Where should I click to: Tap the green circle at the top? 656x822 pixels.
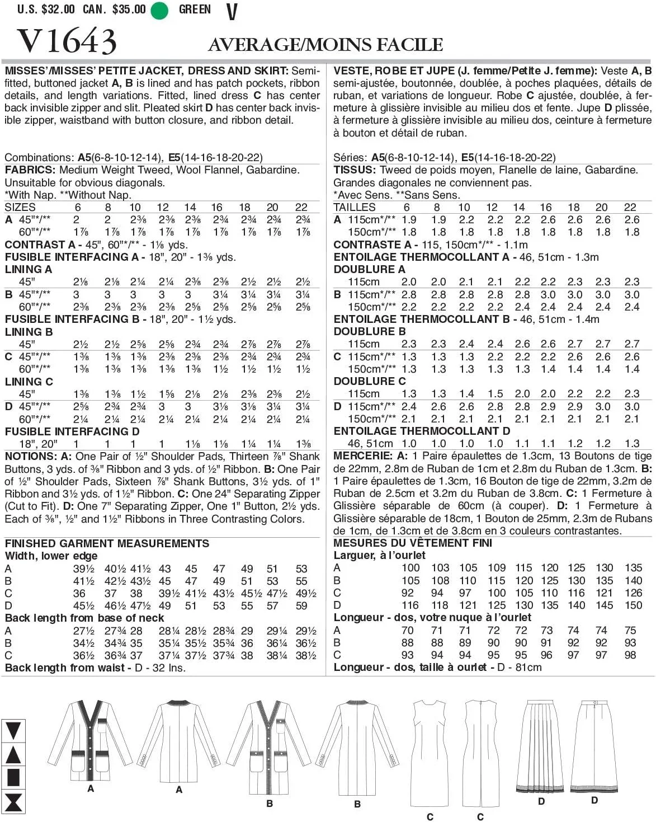pos(159,10)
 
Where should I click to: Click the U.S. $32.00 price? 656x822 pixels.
pos(46,9)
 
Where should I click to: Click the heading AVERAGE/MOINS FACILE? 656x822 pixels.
pos(325,44)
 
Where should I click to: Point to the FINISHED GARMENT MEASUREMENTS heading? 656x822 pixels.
pos(107,543)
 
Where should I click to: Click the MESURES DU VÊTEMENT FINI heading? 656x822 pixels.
pos(413,543)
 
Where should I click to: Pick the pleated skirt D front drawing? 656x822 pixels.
pos(541,744)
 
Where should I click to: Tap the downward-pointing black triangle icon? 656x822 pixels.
pos(13,731)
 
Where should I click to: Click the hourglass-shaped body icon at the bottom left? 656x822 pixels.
pos(13,802)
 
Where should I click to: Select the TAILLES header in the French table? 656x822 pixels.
pos(355,207)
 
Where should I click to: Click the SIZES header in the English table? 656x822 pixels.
pos(20,207)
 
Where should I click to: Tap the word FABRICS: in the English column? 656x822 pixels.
pos(30,170)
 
